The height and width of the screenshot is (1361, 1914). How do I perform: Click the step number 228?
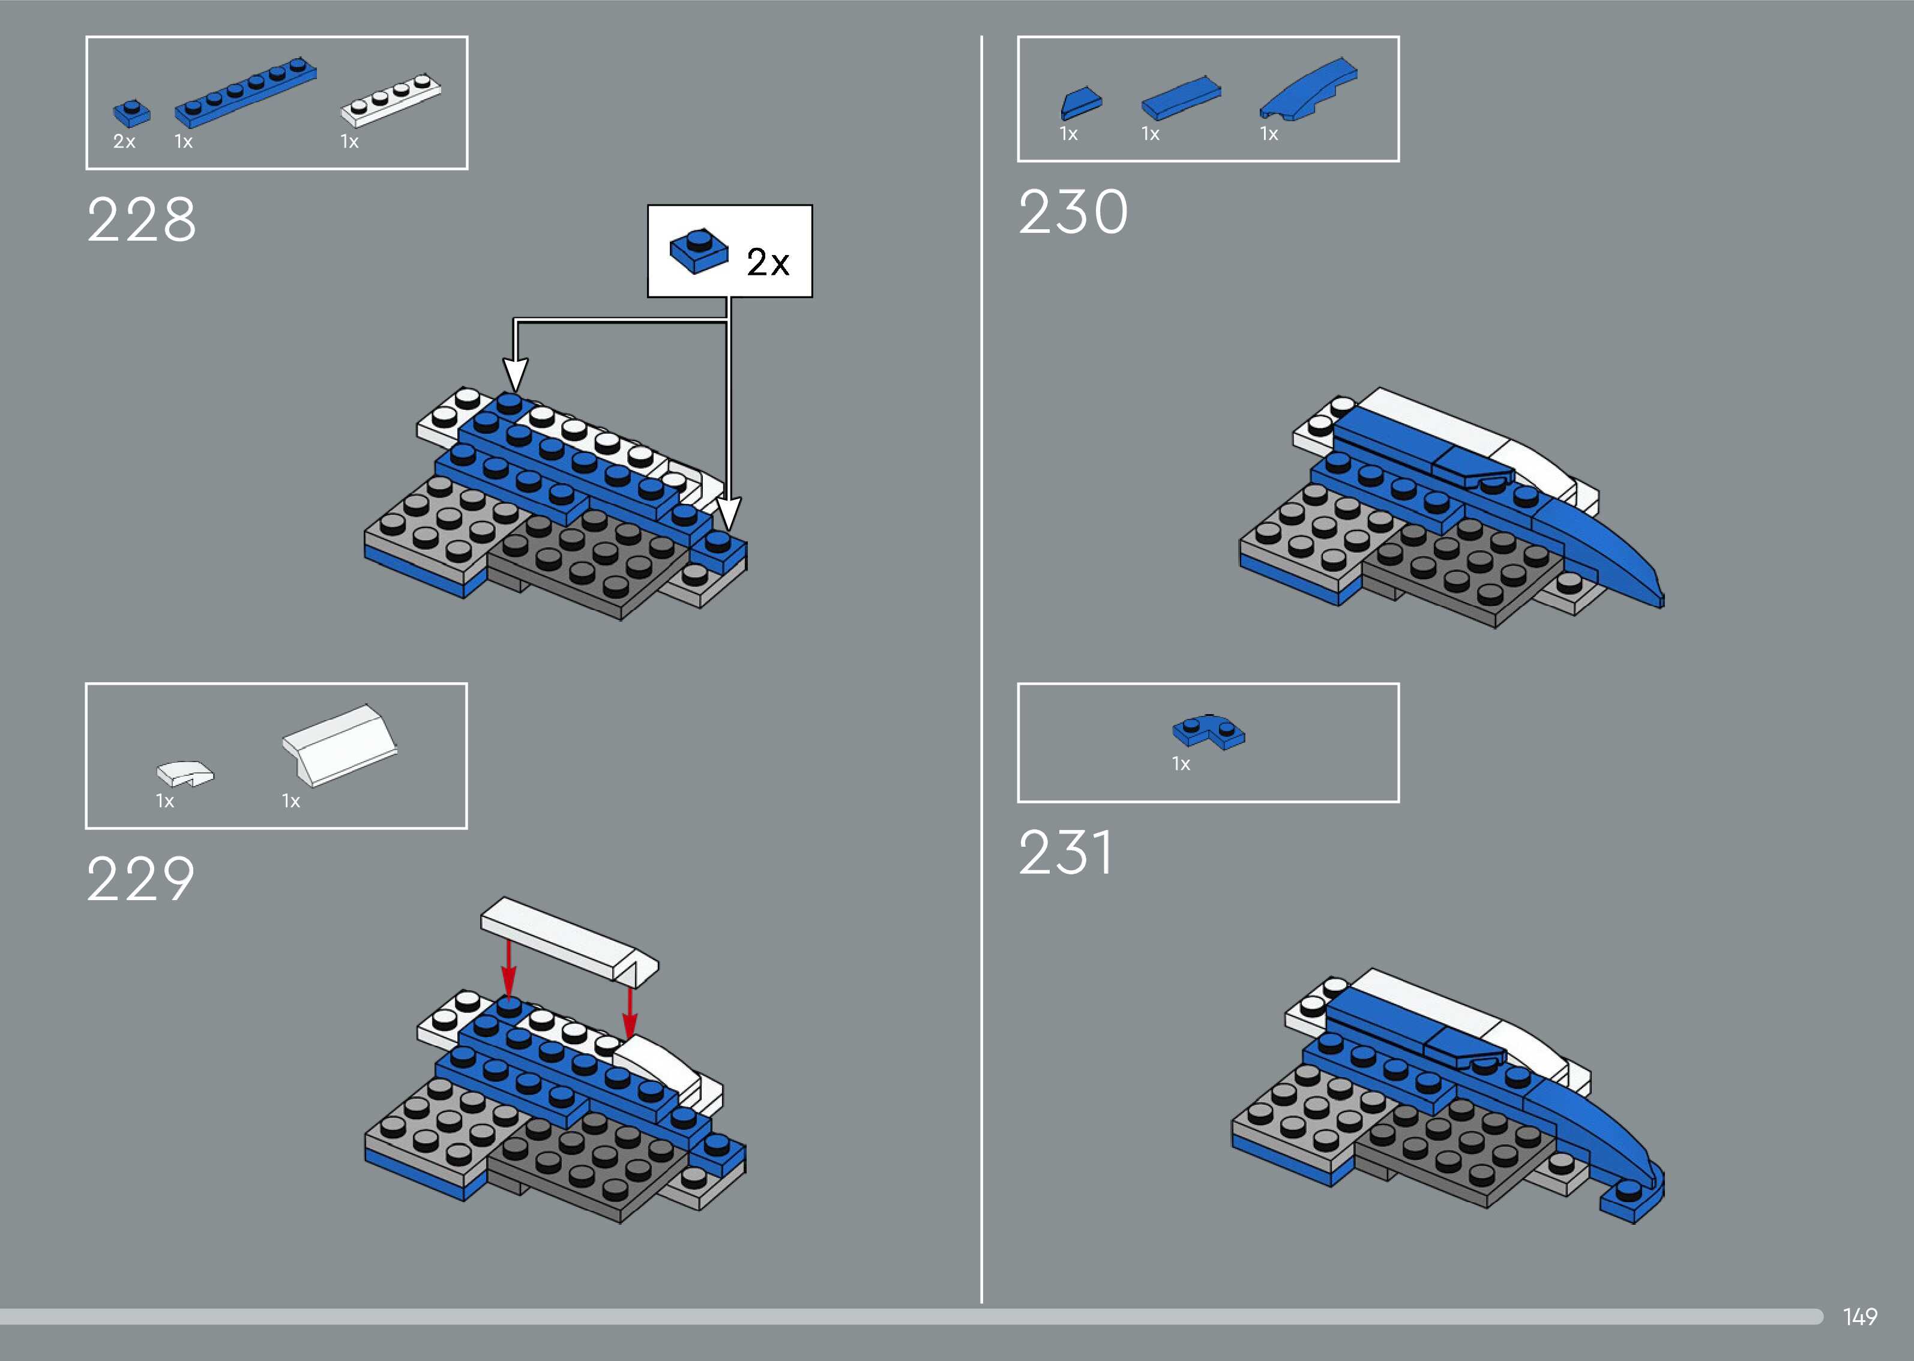141,220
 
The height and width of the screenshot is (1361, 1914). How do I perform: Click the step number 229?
141,879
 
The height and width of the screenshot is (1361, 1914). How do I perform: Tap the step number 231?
1065,853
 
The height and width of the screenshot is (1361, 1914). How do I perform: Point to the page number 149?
1859,1317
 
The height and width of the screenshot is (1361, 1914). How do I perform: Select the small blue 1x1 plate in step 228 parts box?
131,113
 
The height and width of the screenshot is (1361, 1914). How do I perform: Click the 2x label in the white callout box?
768,262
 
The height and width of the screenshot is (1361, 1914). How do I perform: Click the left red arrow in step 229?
508,968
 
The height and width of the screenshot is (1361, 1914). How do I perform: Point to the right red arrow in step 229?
630,1012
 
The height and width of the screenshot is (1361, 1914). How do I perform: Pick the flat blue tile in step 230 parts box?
1181,97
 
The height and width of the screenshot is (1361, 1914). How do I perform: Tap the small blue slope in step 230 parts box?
1081,103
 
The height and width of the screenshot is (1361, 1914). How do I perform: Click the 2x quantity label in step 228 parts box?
124,142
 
